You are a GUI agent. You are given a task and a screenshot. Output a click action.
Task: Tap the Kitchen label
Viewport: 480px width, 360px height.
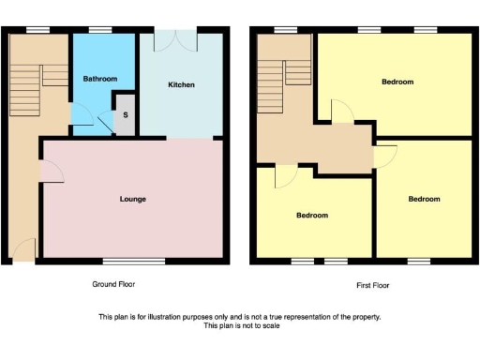[x=182, y=85]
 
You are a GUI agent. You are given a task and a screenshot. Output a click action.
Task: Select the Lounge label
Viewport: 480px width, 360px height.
[x=132, y=199]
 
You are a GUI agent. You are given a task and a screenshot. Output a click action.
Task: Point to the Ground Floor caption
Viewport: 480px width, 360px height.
[x=120, y=284]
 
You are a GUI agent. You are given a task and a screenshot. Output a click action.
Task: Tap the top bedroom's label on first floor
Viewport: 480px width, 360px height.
[x=397, y=82]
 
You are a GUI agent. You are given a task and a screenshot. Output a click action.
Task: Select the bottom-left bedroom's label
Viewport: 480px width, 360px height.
[x=312, y=216]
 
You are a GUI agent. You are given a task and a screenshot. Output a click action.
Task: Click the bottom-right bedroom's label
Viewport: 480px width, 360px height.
[x=424, y=199]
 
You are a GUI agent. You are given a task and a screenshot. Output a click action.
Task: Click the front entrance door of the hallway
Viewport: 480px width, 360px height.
[x=23, y=251]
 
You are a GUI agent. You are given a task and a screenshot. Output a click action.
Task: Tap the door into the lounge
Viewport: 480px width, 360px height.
[x=51, y=171]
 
